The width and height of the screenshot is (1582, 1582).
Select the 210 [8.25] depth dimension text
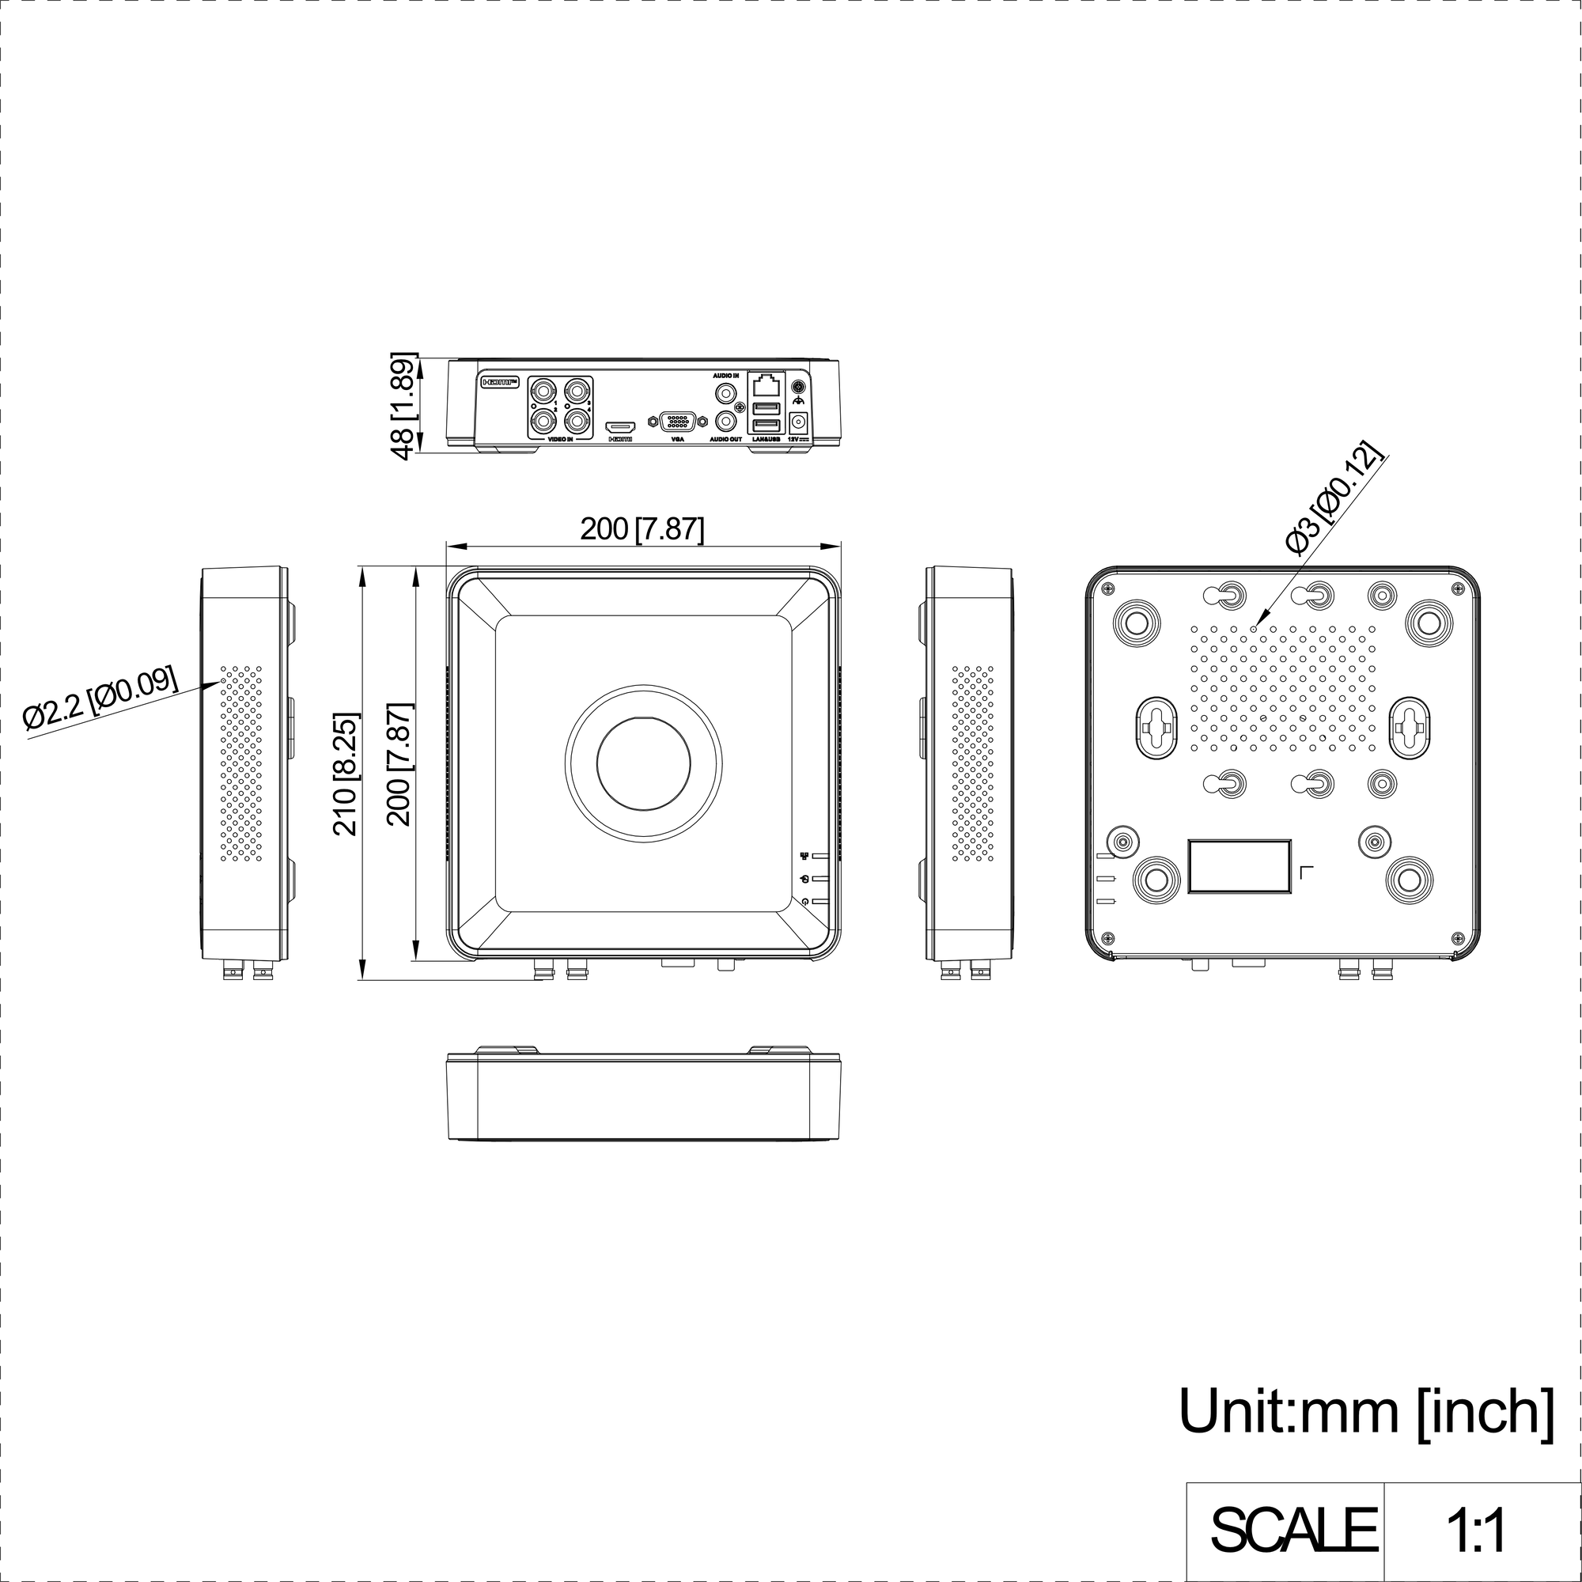pyautogui.click(x=346, y=774)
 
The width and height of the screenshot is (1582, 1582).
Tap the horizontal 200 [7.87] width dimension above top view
pyautogui.click(x=642, y=529)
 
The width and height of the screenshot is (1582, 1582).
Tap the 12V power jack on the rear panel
pyautogui.click(x=797, y=422)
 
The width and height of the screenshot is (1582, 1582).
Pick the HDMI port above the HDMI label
pyautogui.click(x=621, y=426)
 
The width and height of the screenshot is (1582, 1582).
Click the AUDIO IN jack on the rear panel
pyautogui.click(x=725, y=393)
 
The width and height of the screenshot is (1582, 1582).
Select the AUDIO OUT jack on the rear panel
pyautogui.click(x=725, y=422)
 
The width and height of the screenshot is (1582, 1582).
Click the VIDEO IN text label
pyautogui.click(x=560, y=440)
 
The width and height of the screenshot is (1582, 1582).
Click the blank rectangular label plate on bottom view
pyautogui.click(x=1239, y=865)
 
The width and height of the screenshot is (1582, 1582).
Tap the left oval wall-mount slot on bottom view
pyautogui.click(x=1156, y=725)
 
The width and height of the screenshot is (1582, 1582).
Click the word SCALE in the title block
pyautogui.click(x=1293, y=1529)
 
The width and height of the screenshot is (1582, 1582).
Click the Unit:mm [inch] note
pyautogui.click(x=1366, y=1411)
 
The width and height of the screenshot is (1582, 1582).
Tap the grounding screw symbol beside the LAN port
pyautogui.click(x=798, y=388)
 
